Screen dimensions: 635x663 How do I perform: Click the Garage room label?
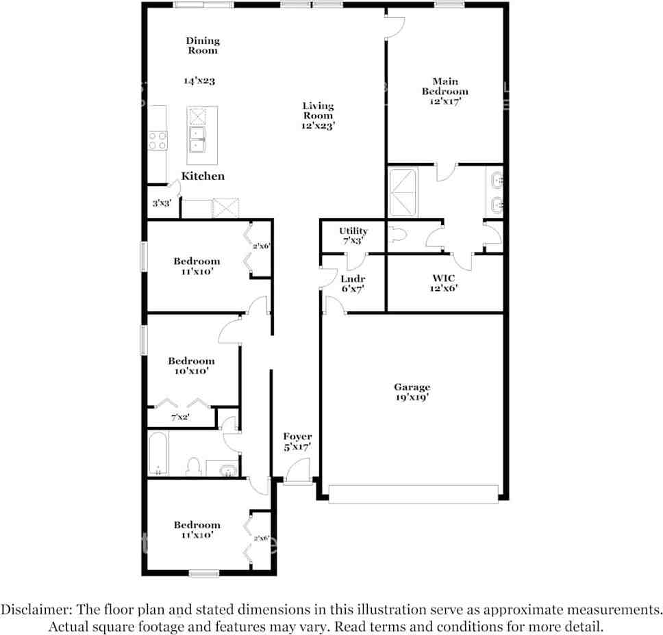pos(412,387)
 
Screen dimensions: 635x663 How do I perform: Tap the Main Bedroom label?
pos(445,86)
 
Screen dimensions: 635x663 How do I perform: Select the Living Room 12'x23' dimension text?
pos(318,125)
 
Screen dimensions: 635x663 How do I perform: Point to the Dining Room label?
pos(203,45)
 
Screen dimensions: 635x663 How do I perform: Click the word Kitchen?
pos(203,176)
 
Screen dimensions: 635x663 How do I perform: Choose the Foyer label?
pos(297,437)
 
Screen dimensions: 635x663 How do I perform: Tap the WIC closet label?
pos(445,278)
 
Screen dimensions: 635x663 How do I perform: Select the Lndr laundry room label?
pos(353,278)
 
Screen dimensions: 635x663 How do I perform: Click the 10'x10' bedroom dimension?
pos(191,371)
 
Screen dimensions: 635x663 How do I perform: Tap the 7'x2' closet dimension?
pos(180,417)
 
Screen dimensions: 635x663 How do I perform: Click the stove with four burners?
pos(158,140)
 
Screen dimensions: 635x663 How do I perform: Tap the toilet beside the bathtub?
pos(194,467)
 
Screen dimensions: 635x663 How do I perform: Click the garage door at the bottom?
pos(413,494)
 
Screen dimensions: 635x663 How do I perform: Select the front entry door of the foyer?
pos(297,472)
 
